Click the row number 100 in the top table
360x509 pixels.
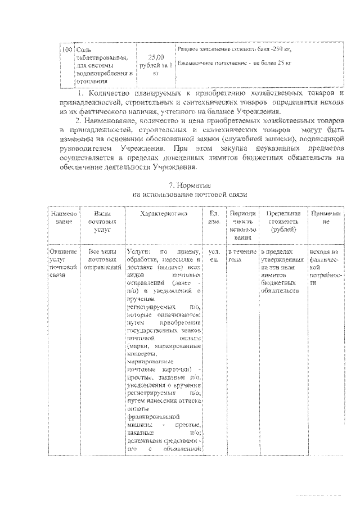tap(67, 50)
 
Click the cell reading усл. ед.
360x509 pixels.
tap(214, 256)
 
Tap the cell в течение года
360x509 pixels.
tap(242, 256)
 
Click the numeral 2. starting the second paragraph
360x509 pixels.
tap(78, 122)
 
